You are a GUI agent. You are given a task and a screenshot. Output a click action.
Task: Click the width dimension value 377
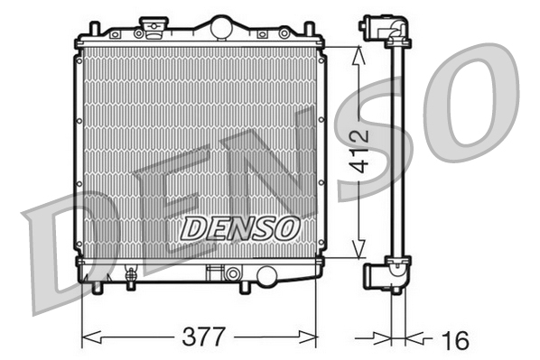pos(203,337)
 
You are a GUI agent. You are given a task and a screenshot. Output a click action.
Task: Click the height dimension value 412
pos(358,151)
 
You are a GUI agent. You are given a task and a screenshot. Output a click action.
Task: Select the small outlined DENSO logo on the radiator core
pos(239,228)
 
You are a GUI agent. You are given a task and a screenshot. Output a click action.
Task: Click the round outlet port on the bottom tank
pos(266,275)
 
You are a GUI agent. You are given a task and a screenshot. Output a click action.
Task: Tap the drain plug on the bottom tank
pos(130,276)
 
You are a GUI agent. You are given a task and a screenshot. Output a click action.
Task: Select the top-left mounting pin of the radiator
pos(94,29)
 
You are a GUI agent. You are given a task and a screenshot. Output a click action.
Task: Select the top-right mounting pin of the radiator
pos(310,29)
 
